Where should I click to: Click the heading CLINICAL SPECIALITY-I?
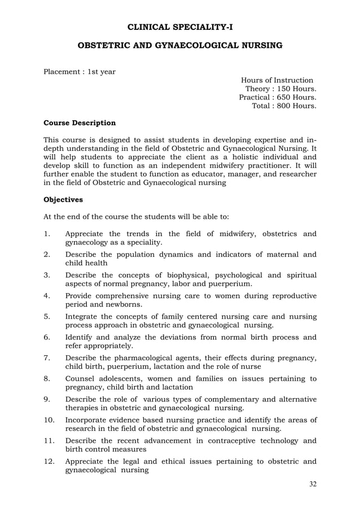180,27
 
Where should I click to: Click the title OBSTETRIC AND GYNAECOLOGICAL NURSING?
180,44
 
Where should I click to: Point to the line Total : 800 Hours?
283,106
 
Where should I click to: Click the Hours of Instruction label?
277,80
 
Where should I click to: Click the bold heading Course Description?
80,123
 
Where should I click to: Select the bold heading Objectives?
63,199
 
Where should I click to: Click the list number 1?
47,233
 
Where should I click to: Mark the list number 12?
49,461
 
